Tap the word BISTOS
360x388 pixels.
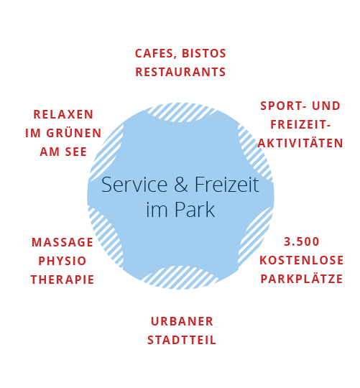(x=204, y=53)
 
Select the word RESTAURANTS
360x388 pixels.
(x=180, y=72)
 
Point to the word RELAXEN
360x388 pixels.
(x=63, y=114)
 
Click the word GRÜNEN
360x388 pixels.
(x=74, y=132)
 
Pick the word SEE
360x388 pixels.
(x=76, y=152)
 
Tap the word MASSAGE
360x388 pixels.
(x=63, y=242)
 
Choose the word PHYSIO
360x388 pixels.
(x=63, y=261)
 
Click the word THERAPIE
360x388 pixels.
(x=63, y=280)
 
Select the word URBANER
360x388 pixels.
(x=182, y=321)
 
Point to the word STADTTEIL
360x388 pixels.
(x=182, y=340)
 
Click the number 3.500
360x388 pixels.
(x=301, y=241)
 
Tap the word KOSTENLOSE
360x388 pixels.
(x=301, y=260)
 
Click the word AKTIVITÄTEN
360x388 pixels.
(x=300, y=142)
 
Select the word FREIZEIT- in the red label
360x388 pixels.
(x=300, y=124)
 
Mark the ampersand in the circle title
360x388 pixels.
(x=181, y=185)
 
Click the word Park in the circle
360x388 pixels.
(x=195, y=210)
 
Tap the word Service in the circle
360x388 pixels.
(x=134, y=185)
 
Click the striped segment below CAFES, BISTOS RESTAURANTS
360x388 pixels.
(x=181, y=113)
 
